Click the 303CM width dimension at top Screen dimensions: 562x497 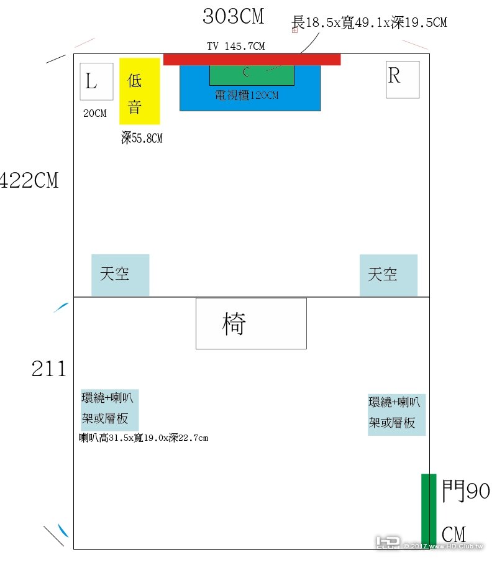(x=233, y=17)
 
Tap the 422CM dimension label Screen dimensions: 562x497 (x=29, y=180)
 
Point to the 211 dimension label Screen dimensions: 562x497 (x=49, y=369)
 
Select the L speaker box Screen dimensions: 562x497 (x=96, y=81)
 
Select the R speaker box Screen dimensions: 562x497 (x=403, y=80)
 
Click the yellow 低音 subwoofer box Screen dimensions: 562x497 (x=140, y=91)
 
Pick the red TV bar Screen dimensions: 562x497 (x=252, y=59)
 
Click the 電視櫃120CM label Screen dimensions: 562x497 (x=247, y=96)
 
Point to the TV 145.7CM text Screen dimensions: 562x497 (x=236, y=47)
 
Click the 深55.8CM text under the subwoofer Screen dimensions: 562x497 (x=142, y=138)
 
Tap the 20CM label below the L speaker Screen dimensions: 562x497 (x=95, y=114)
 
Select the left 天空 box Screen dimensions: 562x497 (x=120, y=275)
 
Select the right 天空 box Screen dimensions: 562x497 (x=388, y=275)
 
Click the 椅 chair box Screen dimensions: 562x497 (x=251, y=323)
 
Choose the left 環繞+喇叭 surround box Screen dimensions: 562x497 (x=109, y=409)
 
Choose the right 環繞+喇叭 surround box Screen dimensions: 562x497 (x=396, y=414)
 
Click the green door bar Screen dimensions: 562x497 (x=428, y=510)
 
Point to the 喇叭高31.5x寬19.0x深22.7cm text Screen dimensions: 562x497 (x=144, y=438)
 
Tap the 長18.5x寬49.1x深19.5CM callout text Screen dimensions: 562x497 (x=369, y=22)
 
